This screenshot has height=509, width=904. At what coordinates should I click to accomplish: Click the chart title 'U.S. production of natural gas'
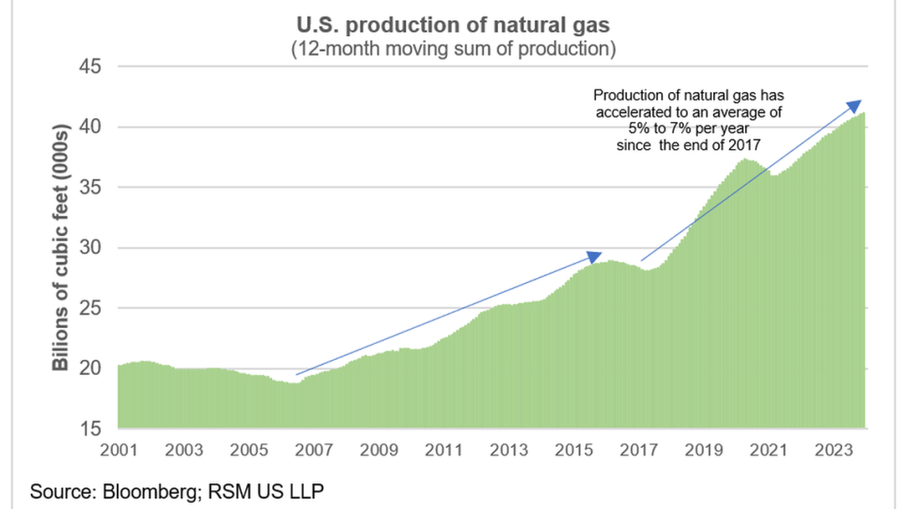(452, 22)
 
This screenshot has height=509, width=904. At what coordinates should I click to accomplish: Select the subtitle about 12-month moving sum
(452, 49)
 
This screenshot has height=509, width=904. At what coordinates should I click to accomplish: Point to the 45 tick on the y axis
(91, 67)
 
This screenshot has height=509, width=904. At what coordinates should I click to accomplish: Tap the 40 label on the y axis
(91, 127)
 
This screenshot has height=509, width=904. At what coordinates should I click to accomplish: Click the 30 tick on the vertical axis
(91, 248)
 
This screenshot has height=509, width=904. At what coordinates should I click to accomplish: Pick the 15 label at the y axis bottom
(91, 429)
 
